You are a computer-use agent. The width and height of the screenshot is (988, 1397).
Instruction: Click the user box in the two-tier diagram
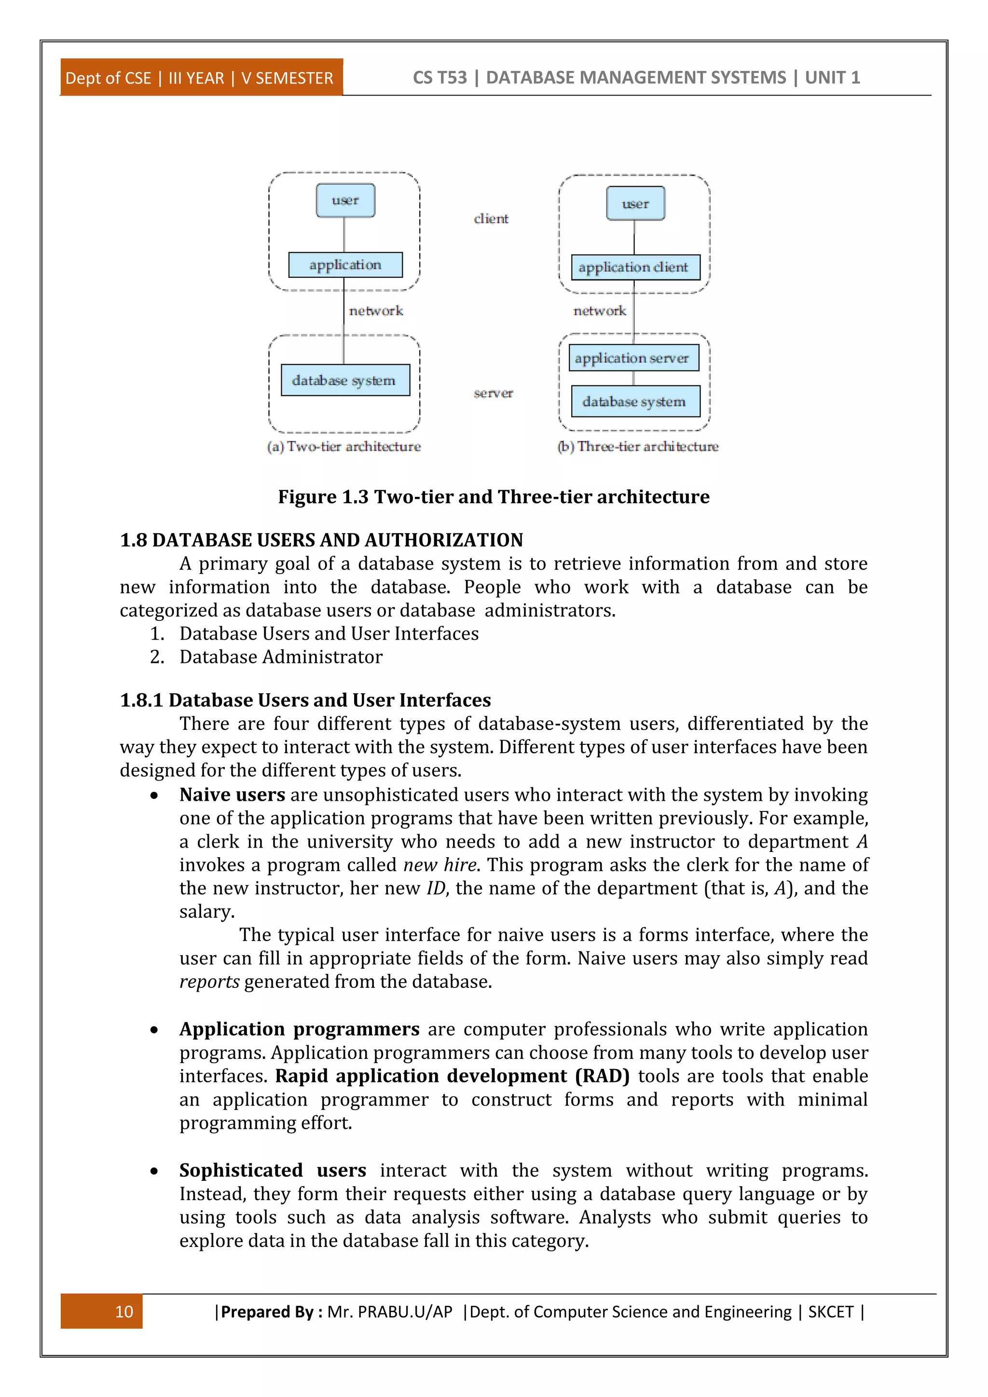click(345, 200)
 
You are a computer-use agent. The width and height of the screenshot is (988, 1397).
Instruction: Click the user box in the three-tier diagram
click(635, 203)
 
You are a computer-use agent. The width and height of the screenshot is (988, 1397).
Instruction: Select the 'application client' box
click(635, 267)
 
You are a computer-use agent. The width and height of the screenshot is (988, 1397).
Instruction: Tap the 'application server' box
click(633, 358)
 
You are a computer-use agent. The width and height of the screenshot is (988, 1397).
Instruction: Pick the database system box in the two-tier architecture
click(345, 380)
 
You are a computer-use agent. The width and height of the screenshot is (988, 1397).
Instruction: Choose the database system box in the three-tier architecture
click(635, 401)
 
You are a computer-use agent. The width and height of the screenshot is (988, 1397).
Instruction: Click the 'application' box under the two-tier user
click(345, 265)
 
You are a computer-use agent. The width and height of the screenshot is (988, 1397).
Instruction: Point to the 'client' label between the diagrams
click(491, 219)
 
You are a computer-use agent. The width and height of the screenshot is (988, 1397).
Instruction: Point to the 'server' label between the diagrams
click(493, 393)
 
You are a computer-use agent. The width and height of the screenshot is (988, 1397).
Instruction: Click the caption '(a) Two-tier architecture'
click(344, 447)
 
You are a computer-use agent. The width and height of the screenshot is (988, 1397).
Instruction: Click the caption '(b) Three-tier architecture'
click(638, 447)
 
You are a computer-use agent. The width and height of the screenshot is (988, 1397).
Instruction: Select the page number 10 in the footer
click(123, 1311)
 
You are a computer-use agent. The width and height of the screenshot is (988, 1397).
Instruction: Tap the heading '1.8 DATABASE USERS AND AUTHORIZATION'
click(321, 540)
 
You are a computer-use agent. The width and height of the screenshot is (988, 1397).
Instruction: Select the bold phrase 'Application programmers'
click(299, 1029)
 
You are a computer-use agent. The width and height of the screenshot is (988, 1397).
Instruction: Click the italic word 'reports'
click(209, 982)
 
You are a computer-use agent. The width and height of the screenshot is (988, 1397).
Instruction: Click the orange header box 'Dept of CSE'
click(201, 78)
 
